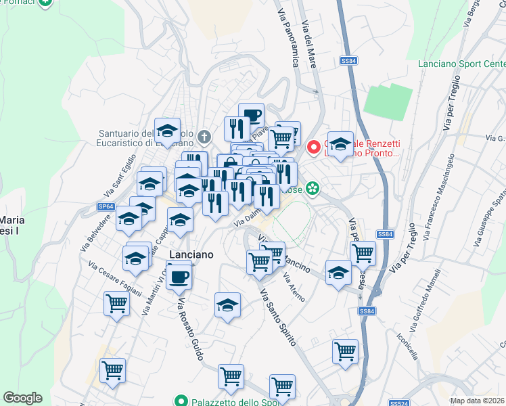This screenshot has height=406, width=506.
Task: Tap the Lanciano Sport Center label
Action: tap(461, 63)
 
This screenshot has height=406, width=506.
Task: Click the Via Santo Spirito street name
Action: tap(278, 317)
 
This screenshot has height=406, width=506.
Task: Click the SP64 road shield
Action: tap(106, 206)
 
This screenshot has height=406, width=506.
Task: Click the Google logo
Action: tap(22, 398)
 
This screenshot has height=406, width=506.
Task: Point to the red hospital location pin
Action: tap(313, 146)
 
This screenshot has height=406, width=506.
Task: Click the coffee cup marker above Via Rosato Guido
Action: tap(179, 277)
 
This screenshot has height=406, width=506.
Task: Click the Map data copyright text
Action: tap(477, 401)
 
